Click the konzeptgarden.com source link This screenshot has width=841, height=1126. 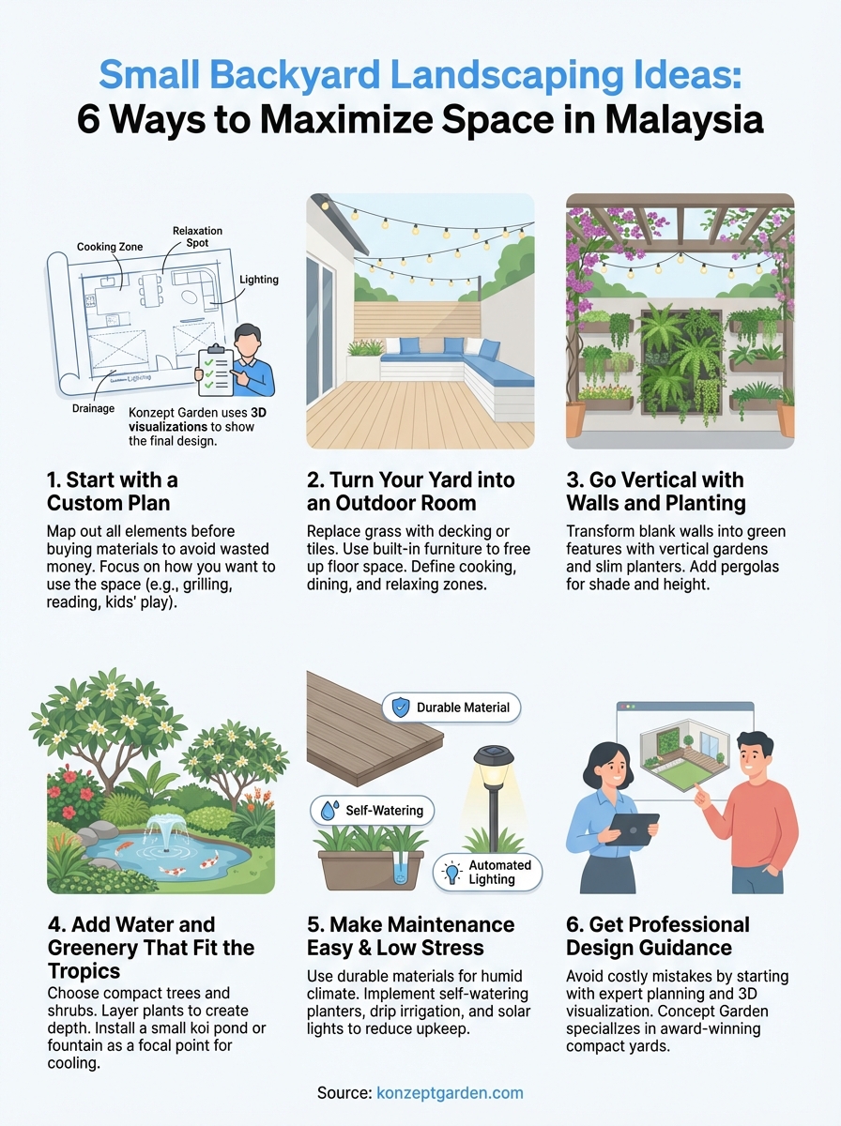pos(450,1093)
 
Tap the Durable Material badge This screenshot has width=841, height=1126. pos(451,708)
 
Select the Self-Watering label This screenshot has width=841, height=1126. pos(372,810)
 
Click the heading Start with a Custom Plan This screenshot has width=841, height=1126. pos(112,491)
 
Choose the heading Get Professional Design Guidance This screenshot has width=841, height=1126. pos(658,936)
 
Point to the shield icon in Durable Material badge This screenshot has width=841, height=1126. pos(400,708)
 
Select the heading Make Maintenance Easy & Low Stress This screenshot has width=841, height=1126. pos(410,936)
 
